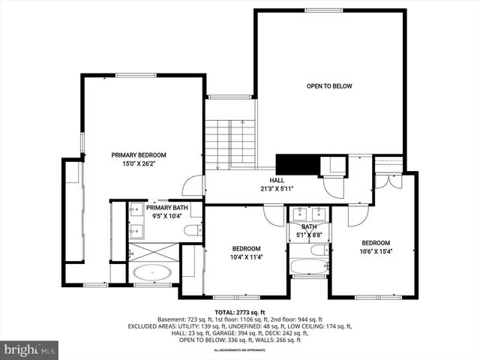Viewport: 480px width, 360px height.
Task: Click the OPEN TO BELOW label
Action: tap(329, 86)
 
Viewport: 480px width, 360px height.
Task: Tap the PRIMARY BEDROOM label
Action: tap(139, 154)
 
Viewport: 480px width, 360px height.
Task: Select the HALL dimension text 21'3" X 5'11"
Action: tap(277, 189)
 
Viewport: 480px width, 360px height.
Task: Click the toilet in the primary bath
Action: tap(193, 229)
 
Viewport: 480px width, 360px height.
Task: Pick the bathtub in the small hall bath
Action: tap(309, 265)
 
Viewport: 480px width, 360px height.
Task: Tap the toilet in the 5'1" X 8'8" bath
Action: tap(319, 250)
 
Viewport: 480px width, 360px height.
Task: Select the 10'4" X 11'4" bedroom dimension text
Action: tap(246, 257)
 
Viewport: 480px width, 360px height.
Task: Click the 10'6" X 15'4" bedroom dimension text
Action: tap(376, 251)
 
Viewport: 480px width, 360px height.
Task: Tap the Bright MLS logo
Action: tap(30, 349)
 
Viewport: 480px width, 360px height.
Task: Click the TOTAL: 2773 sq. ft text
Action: tap(240, 312)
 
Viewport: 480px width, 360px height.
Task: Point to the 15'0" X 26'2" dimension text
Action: tap(139, 163)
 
